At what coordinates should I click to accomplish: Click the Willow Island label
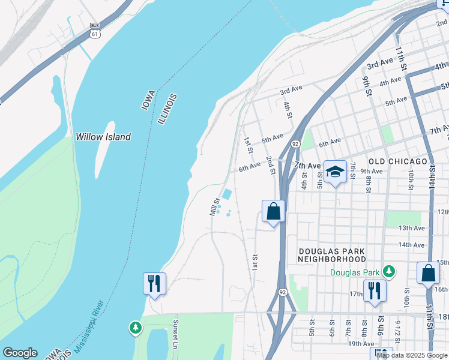(103, 137)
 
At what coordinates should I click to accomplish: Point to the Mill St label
(214, 208)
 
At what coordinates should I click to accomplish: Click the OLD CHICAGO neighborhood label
(397, 162)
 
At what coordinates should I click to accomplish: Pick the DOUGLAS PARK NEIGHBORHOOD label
(332, 254)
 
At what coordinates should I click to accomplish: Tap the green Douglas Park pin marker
(389, 272)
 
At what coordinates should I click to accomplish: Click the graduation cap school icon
(335, 171)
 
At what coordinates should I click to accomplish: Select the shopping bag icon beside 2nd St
(273, 211)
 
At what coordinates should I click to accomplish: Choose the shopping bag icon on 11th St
(429, 273)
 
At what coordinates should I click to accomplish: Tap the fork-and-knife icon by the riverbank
(154, 283)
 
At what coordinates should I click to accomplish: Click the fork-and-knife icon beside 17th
(375, 291)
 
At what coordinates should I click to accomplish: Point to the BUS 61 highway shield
(95, 31)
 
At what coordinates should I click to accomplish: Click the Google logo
(20, 353)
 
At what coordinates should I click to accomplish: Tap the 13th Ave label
(412, 228)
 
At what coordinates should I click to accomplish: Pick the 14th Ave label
(412, 245)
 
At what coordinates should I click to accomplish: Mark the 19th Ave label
(361, 344)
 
